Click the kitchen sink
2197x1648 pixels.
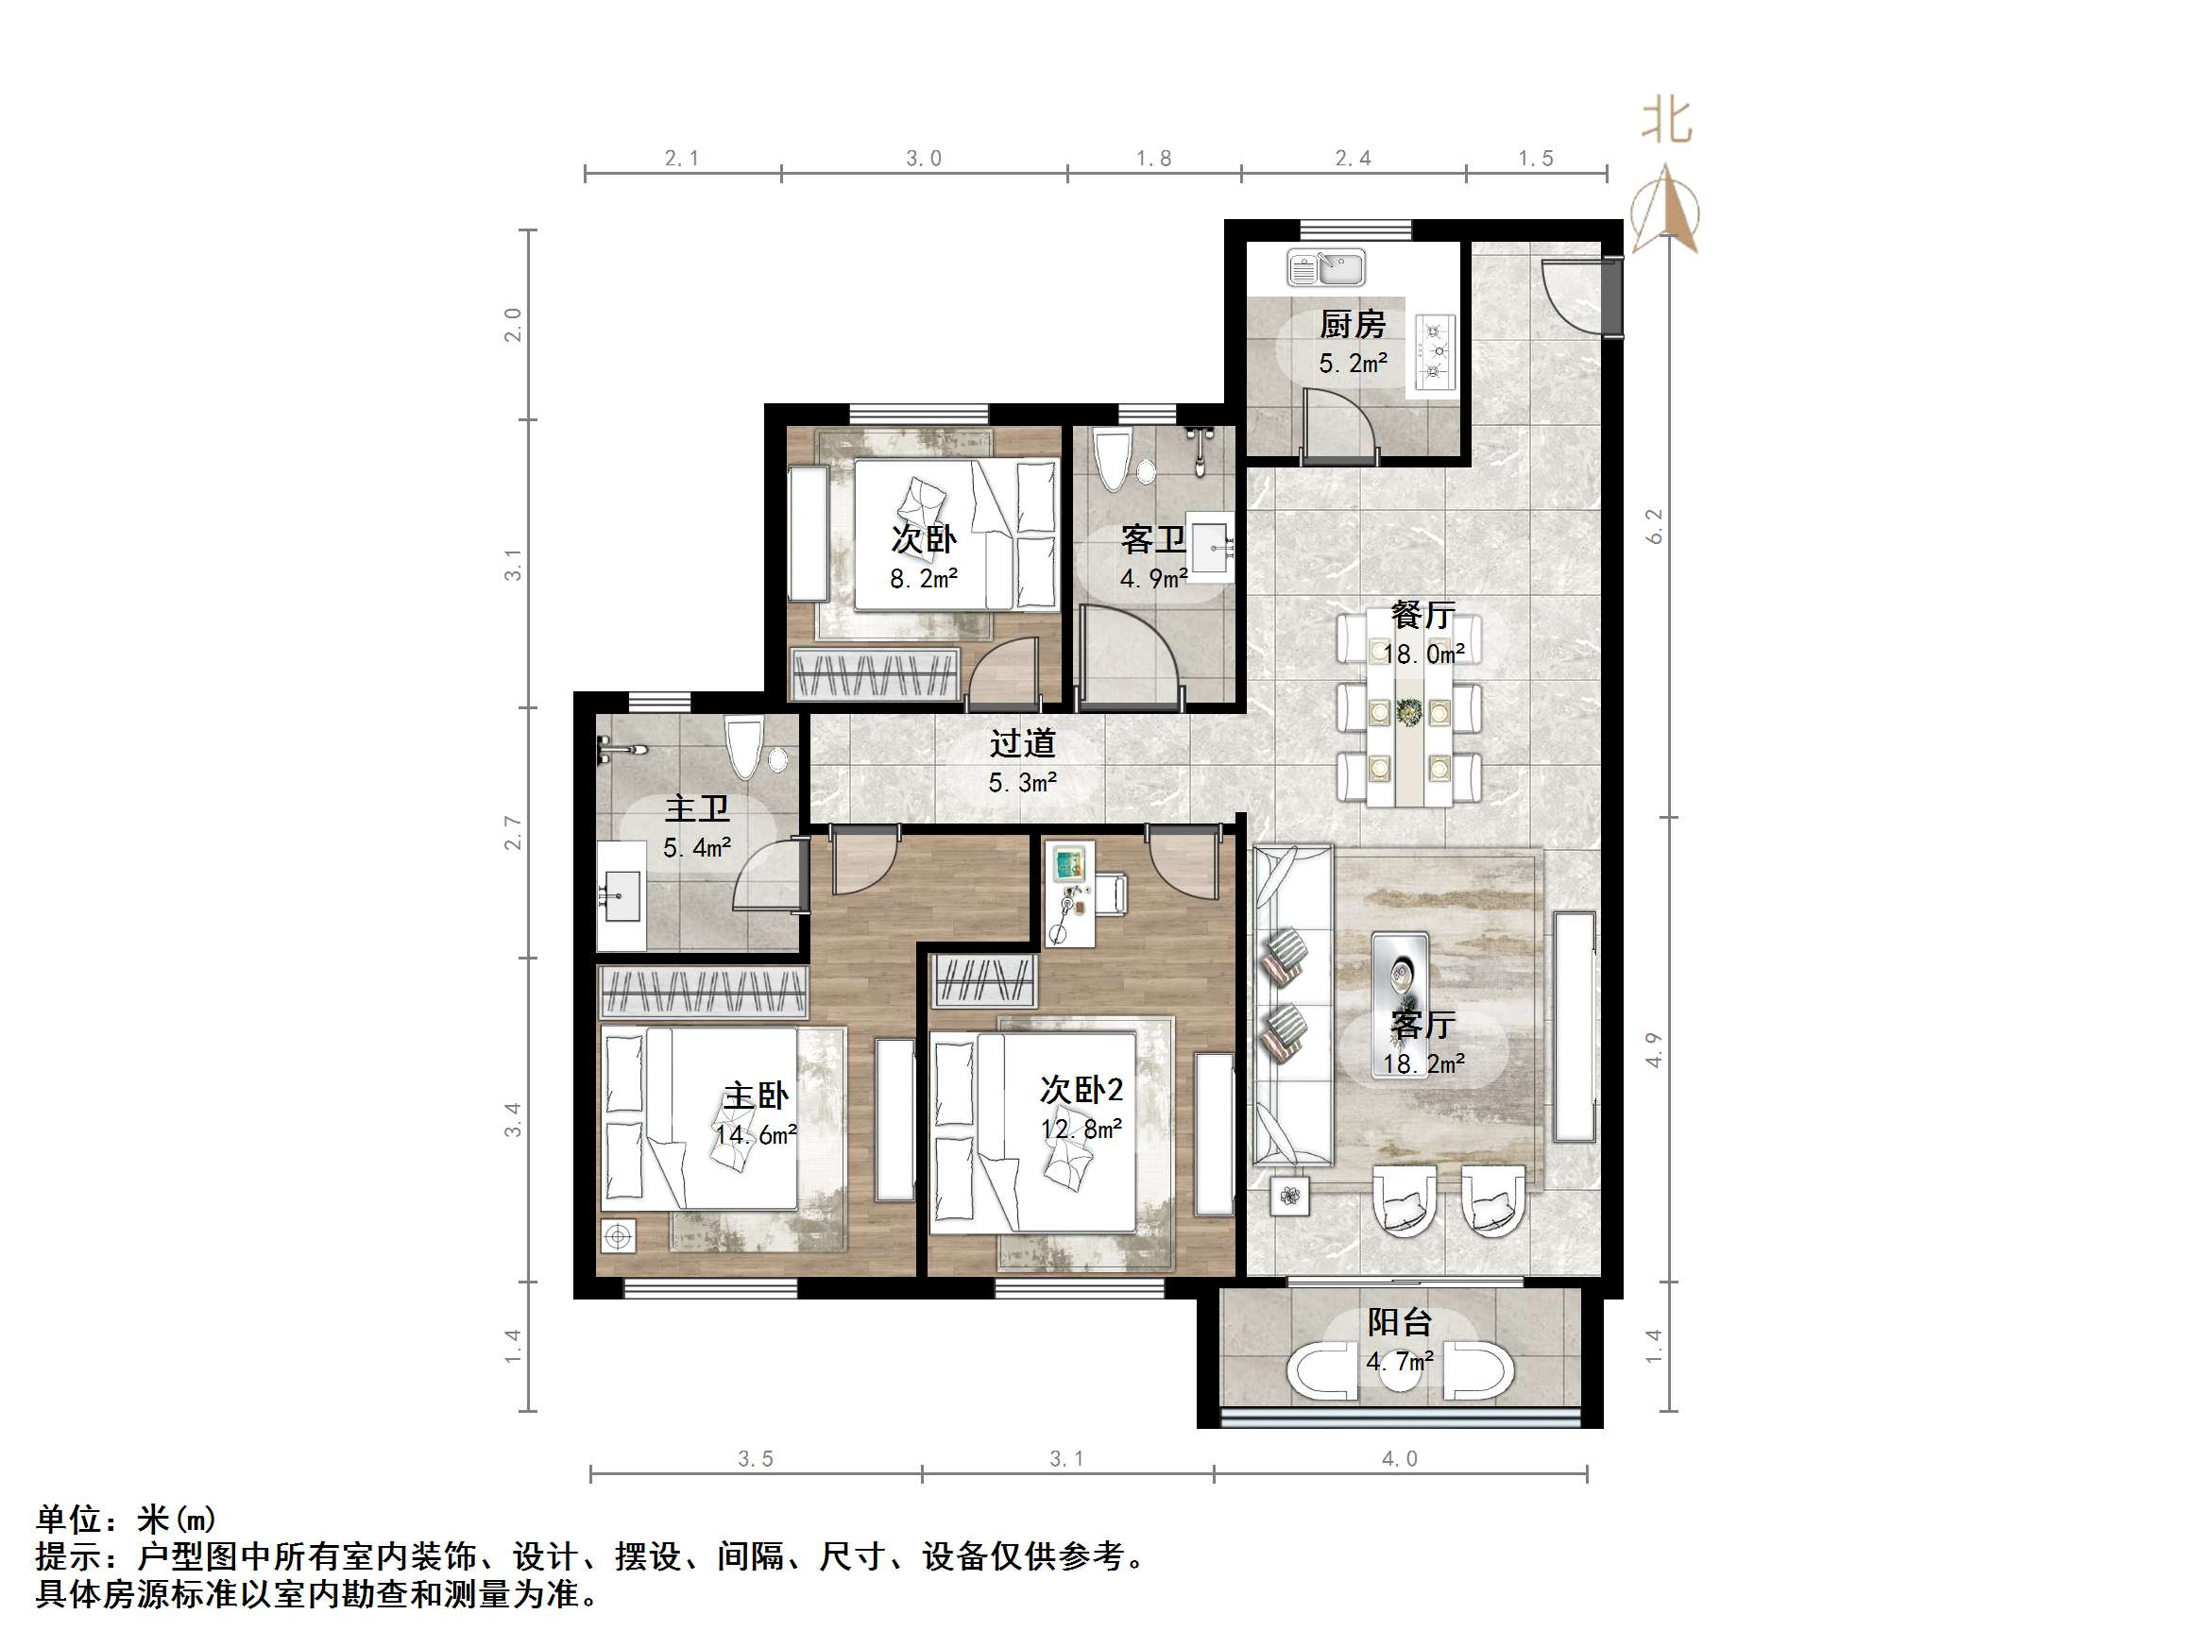[1326, 267]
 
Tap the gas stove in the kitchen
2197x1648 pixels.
[1435, 350]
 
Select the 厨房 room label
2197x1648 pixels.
[1352, 324]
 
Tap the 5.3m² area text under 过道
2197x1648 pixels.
[1022, 783]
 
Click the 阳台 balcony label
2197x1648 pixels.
[1400, 1322]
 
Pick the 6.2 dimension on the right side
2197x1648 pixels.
[1654, 526]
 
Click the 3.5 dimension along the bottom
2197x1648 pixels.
[755, 1458]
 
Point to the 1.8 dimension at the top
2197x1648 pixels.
[1153, 158]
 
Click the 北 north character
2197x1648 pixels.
[1666, 121]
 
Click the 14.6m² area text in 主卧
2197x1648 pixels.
[756, 1134]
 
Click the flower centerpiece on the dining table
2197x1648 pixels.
[1408, 711]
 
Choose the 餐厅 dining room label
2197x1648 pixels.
[1422, 615]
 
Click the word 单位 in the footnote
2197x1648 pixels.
[70, 1519]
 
